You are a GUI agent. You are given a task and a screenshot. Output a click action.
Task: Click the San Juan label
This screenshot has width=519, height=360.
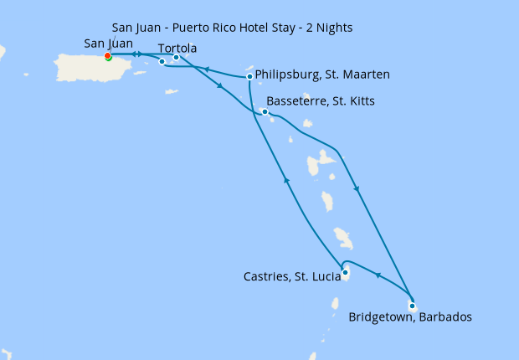(109, 44)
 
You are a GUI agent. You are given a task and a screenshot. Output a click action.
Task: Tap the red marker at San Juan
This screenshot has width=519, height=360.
(108, 56)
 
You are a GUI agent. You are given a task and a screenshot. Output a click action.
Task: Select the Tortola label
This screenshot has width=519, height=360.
(177, 49)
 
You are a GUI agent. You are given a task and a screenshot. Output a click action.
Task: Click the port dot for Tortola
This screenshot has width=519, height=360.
(176, 58)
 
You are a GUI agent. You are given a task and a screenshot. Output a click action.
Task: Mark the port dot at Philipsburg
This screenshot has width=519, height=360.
(249, 77)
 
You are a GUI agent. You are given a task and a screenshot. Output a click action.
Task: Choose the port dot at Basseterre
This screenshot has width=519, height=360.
(265, 111)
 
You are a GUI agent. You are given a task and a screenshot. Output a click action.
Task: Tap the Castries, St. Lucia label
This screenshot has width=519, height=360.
(290, 276)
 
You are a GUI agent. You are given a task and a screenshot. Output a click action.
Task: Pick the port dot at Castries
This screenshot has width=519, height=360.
(345, 271)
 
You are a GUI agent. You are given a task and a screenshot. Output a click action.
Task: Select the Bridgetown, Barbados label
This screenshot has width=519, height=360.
(410, 317)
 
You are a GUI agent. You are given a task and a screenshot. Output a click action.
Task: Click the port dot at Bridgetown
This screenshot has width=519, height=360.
(412, 306)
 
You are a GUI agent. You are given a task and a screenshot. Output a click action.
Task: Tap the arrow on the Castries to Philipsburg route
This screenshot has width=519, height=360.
(287, 180)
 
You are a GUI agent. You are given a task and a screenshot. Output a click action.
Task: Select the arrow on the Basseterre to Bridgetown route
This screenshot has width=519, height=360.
(357, 189)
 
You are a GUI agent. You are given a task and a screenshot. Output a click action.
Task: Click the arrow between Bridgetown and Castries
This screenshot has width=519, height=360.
(377, 275)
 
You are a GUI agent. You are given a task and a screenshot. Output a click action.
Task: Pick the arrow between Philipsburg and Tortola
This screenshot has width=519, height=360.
(205, 70)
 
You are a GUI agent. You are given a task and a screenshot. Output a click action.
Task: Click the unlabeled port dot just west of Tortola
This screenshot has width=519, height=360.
(162, 61)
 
